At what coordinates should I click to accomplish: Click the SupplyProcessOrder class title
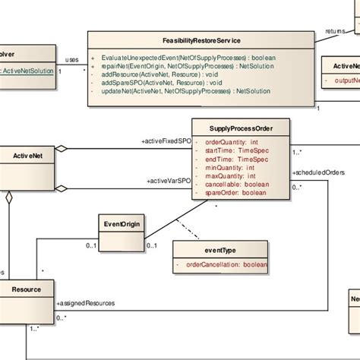click(x=240, y=129)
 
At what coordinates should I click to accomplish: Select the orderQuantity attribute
click(x=229, y=141)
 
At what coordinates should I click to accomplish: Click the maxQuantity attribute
click(x=229, y=176)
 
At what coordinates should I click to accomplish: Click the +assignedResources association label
click(x=85, y=303)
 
